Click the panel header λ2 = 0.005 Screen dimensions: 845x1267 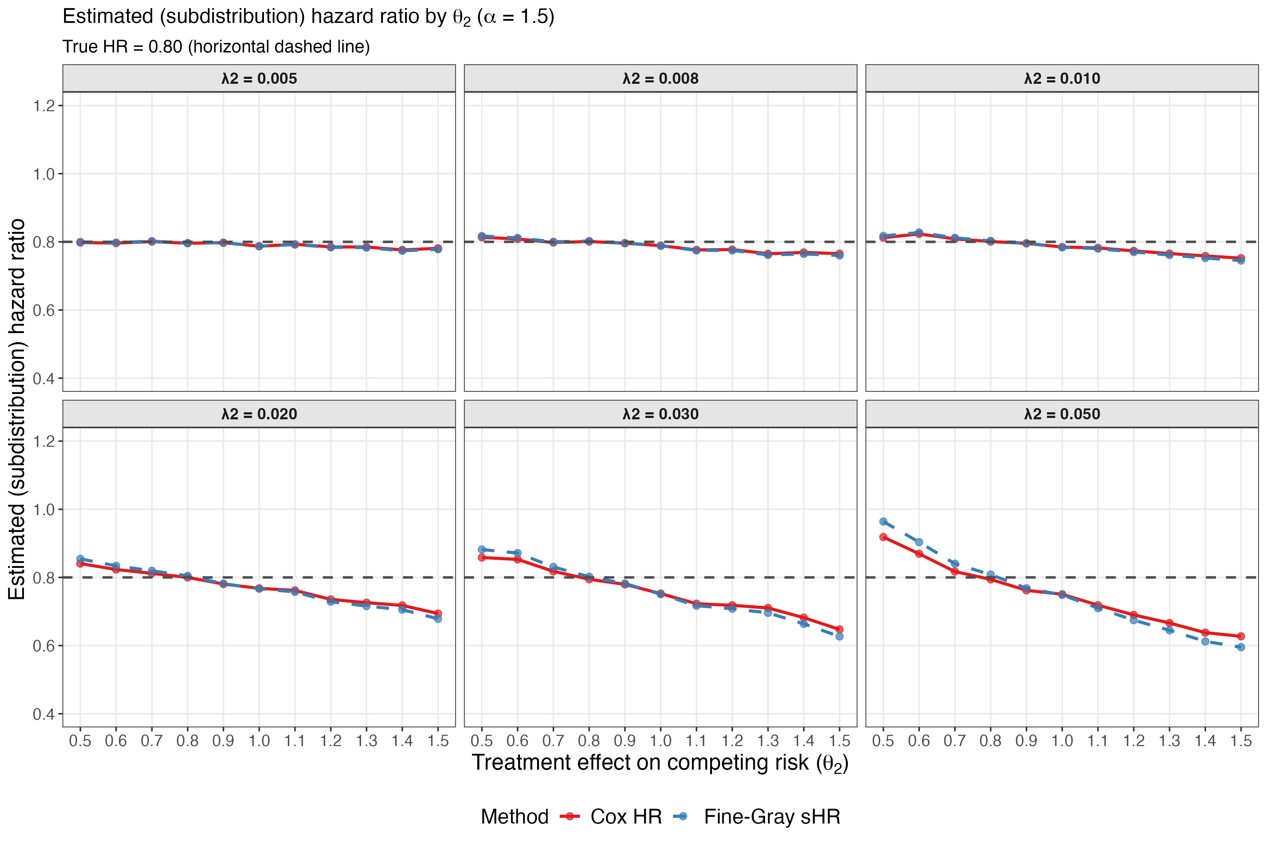259,79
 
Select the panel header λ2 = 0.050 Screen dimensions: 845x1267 1062,414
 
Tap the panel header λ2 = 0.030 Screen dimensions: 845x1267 661,414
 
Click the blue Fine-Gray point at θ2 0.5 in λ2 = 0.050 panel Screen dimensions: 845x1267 883,522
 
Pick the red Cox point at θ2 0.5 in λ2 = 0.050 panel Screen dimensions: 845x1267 883,537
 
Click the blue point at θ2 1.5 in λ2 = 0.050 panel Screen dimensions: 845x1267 1241,647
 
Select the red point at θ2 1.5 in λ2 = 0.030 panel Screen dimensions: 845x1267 839,630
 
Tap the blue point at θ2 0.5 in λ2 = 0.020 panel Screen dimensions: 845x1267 80,559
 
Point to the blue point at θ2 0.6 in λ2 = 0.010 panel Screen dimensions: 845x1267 919,232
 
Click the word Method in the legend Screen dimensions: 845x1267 515,816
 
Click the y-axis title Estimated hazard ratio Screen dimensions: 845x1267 17,409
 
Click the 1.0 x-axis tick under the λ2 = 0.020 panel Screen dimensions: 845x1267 259,741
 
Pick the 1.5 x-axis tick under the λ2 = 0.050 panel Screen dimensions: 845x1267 1241,741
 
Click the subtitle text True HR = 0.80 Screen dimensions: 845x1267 216,47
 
